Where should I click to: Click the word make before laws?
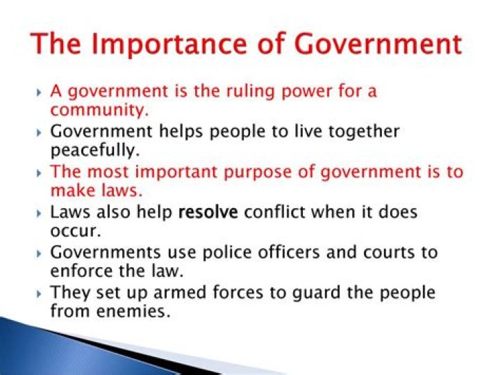[x=72, y=190]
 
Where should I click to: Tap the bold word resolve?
[x=208, y=212]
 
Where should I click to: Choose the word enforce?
[x=78, y=270]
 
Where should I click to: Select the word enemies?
[x=131, y=310]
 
